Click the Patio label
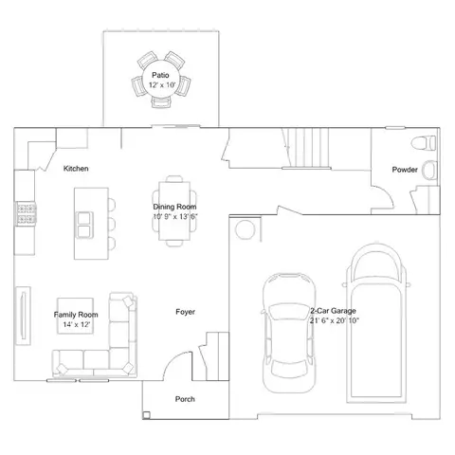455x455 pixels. coord(160,75)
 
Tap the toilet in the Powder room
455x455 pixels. coord(424,143)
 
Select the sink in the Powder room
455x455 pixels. coord(429,170)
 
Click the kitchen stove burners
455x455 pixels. coord(27,214)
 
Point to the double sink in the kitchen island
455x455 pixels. coord(84,225)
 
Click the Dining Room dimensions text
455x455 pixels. coord(175,217)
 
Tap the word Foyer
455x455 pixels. coord(186,312)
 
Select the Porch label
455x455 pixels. coord(185,399)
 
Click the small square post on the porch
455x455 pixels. coord(146,415)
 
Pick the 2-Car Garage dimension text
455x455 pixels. coord(335,320)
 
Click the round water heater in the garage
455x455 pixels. coord(246,229)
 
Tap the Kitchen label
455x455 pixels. coord(76,169)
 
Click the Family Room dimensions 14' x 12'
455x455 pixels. coord(77,324)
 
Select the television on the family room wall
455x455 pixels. coord(24,316)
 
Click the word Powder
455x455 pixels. coord(405,170)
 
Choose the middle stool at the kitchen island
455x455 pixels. coord(112,224)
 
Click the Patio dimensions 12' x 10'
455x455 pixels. coord(162,85)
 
